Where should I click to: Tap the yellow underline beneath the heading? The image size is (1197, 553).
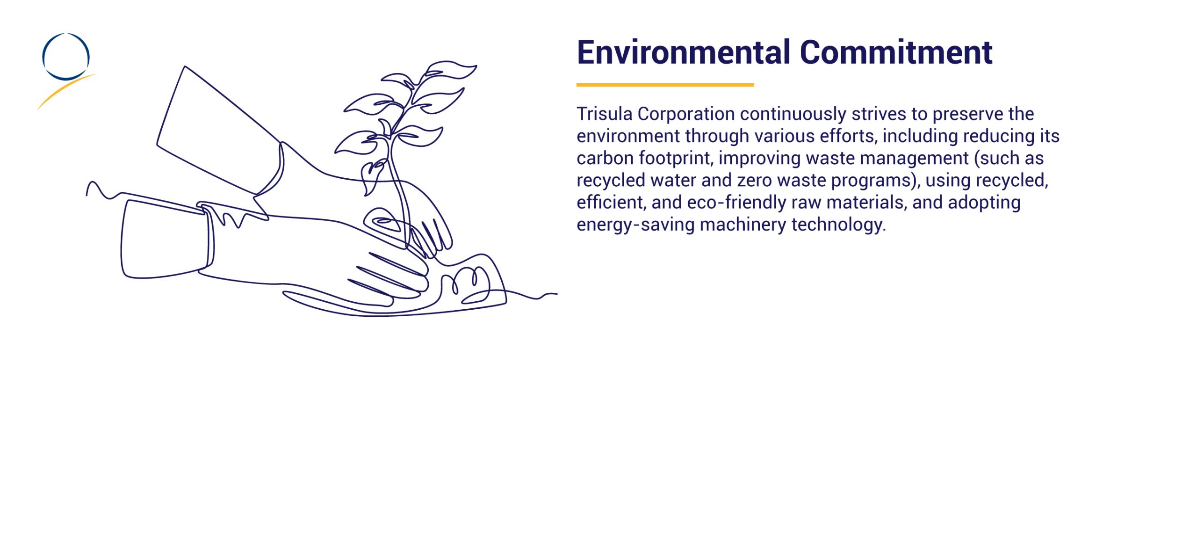[665, 85]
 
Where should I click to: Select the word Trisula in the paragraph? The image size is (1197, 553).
[604, 114]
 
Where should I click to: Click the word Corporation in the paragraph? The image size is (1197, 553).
[686, 114]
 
